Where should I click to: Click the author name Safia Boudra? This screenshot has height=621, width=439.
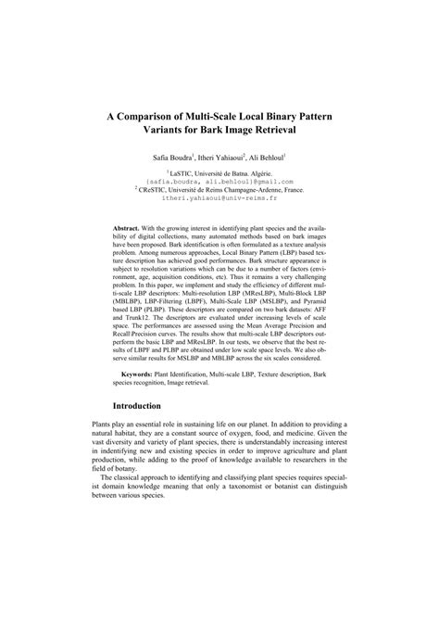[x=163, y=159]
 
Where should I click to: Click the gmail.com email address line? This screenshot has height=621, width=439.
[x=219, y=181]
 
